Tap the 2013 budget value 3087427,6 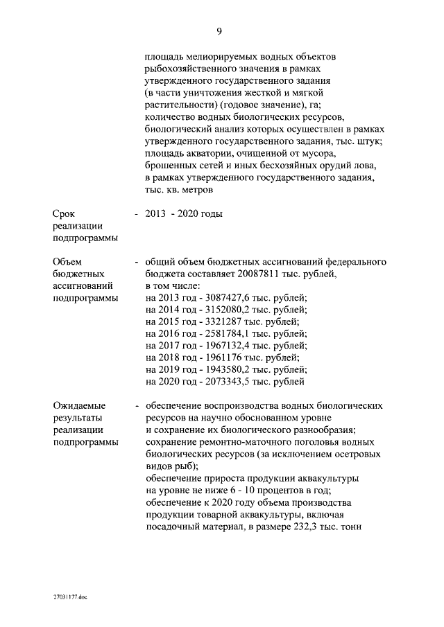(229, 298)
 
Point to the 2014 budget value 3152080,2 (229, 310)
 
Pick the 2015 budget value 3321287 (225, 321)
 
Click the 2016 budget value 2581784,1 (229, 333)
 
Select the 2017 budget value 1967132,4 (229, 345)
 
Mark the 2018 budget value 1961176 (225, 357)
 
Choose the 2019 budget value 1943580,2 (229, 369)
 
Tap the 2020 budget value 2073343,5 (229, 380)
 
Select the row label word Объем (67, 262)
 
